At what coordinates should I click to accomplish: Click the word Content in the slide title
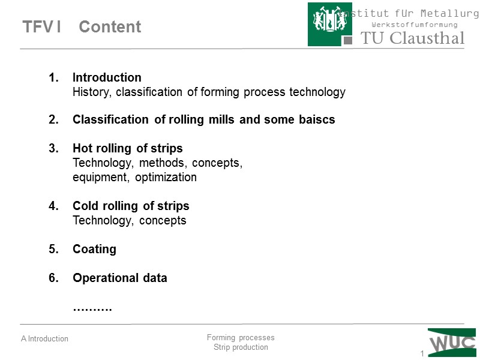click(110, 27)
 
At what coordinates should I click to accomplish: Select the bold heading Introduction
click(107, 77)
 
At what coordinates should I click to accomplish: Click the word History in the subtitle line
click(92, 92)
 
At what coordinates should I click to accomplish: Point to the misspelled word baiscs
click(317, 119)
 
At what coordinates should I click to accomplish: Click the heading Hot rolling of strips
click(127, 148)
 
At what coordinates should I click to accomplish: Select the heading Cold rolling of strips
click(131, 206)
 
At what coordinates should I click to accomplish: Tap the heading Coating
click(94, 249)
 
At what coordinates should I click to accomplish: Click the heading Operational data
click(119, 278)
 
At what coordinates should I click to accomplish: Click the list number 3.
click(53, 148)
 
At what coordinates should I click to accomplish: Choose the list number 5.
click(53, 249)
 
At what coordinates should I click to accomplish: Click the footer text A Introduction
click(44, 339)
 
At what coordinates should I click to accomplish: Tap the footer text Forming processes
click(240, 338)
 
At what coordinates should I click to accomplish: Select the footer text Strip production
click(241, 347)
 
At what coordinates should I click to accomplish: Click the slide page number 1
click(422, 353)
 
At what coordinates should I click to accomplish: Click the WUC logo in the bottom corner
click(452, 343)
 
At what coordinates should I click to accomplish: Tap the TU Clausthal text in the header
click(412, 38)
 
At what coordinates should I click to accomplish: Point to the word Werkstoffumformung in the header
click(415, 25)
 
